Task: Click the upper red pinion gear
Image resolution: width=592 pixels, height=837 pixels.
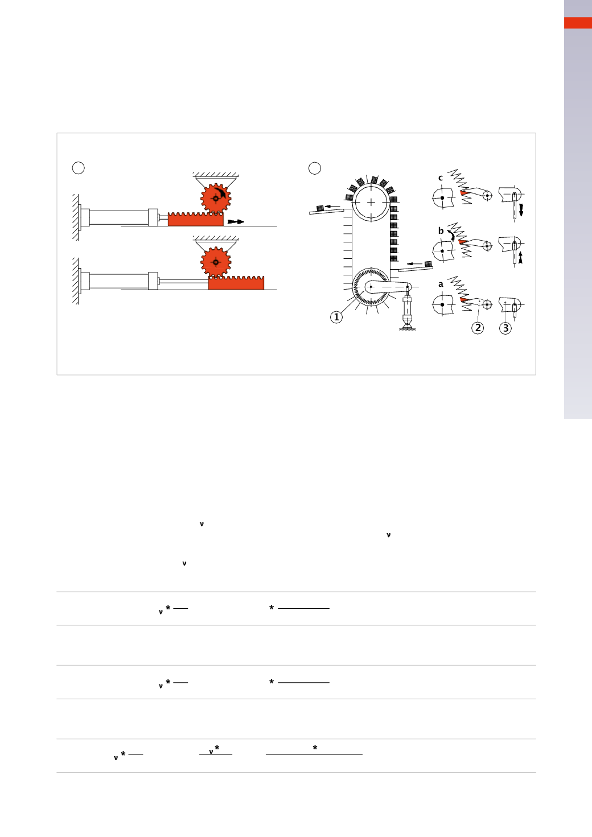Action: pyautogui.click(x=216, y=199)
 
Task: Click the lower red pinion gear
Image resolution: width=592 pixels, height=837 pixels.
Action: pyautogui.click(x=216, y=262)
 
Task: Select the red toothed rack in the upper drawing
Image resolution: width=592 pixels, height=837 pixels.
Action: pyautogui.click(x=195, y=219)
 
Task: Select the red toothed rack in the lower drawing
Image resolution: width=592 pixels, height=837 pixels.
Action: pyautogui.click(x=236, y=283)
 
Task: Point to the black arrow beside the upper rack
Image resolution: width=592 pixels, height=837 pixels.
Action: pyautogui.click(x=236, y=221)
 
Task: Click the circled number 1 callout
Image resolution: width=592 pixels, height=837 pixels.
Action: pyautogui.click(x=336, y=318)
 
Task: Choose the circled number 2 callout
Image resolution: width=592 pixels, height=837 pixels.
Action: pyautogui.click(x=478, y=328)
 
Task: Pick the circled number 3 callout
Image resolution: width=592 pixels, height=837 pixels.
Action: pyautogui.click(x=505, y=328)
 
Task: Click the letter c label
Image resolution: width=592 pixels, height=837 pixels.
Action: pyautogui.click(x=441, y=178)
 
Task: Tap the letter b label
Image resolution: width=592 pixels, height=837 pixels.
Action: pyautogui.click(x=441, y=231)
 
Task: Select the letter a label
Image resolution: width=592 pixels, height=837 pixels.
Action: pyautogui.click(x=441, y=285)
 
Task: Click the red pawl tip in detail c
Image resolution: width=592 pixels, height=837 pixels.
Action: pyautogui.click(x=464, y=193)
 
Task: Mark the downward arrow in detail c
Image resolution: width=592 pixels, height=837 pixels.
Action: pyautogui.click(x=521, y=209)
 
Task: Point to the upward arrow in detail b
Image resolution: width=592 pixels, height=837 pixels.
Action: pyautogui.click(x=520, y=257)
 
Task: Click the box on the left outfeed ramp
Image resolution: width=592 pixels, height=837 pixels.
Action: pyautogui.click(x=320, y=208)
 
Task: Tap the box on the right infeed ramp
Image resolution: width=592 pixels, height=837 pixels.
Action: pyautogui.click(x=428, y=264)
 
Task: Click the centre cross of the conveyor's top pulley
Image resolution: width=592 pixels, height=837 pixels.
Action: pyautogui.click(x=371, y=202)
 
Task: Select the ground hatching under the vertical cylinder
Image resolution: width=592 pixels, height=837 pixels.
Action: pyautogui.click(x=408, y=329)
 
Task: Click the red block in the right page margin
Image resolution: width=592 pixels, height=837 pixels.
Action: pyautogui.click(x=578, y=23)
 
